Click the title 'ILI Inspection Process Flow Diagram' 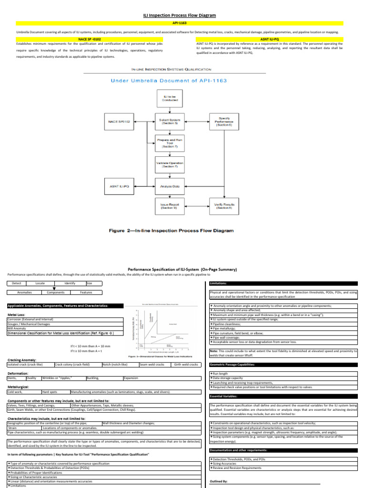point(183,15)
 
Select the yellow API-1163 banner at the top point(183,23)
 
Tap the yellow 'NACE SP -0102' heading point(90,40)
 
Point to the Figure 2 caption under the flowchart point(171,230)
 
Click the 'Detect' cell point(17,283)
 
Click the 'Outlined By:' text point(219,482)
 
